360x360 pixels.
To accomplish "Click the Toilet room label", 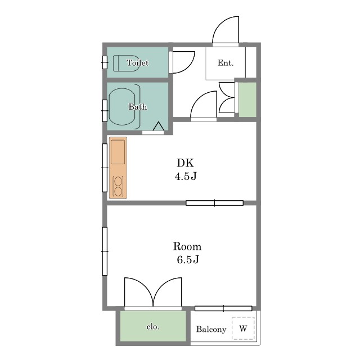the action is [x=137, y=62].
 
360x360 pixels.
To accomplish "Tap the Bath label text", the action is [x=137, y=106].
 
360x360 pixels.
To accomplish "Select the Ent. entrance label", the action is [x=226, y=62].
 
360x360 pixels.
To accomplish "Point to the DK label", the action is [x=185, y=163].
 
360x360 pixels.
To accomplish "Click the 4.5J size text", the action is [x=186, y=176].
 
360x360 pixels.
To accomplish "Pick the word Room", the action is [x=187, y=246].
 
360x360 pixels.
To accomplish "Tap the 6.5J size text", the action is [x=187, y=259].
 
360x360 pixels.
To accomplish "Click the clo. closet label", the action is [x=153, y=326].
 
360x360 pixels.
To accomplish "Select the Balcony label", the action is [x=211, y=329].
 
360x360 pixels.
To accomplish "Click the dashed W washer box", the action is [x=243, y=328].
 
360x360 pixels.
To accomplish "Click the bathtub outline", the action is [x=122, y=107].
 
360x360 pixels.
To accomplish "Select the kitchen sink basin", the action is [x=118, y=152].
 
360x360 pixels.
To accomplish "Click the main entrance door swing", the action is [x=226, y=30].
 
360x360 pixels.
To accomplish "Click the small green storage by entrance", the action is [x=247, y=100].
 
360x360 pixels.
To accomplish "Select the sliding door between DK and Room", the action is [x=214, y=203].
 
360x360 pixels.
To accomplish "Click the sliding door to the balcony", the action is [x=223, y=308].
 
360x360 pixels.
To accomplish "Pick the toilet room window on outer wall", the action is [x=105, y=62].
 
